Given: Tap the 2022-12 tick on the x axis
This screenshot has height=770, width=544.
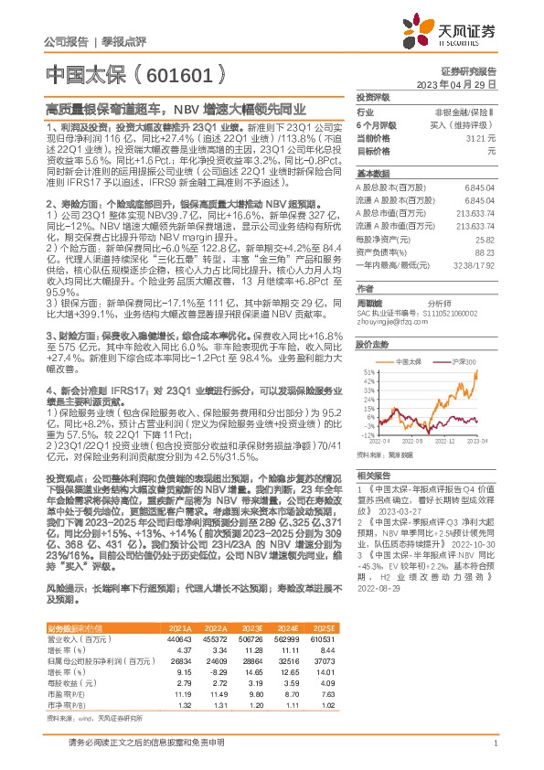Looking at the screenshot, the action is point(445,442).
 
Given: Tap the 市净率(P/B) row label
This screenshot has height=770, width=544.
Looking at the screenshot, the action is point(68,706).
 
